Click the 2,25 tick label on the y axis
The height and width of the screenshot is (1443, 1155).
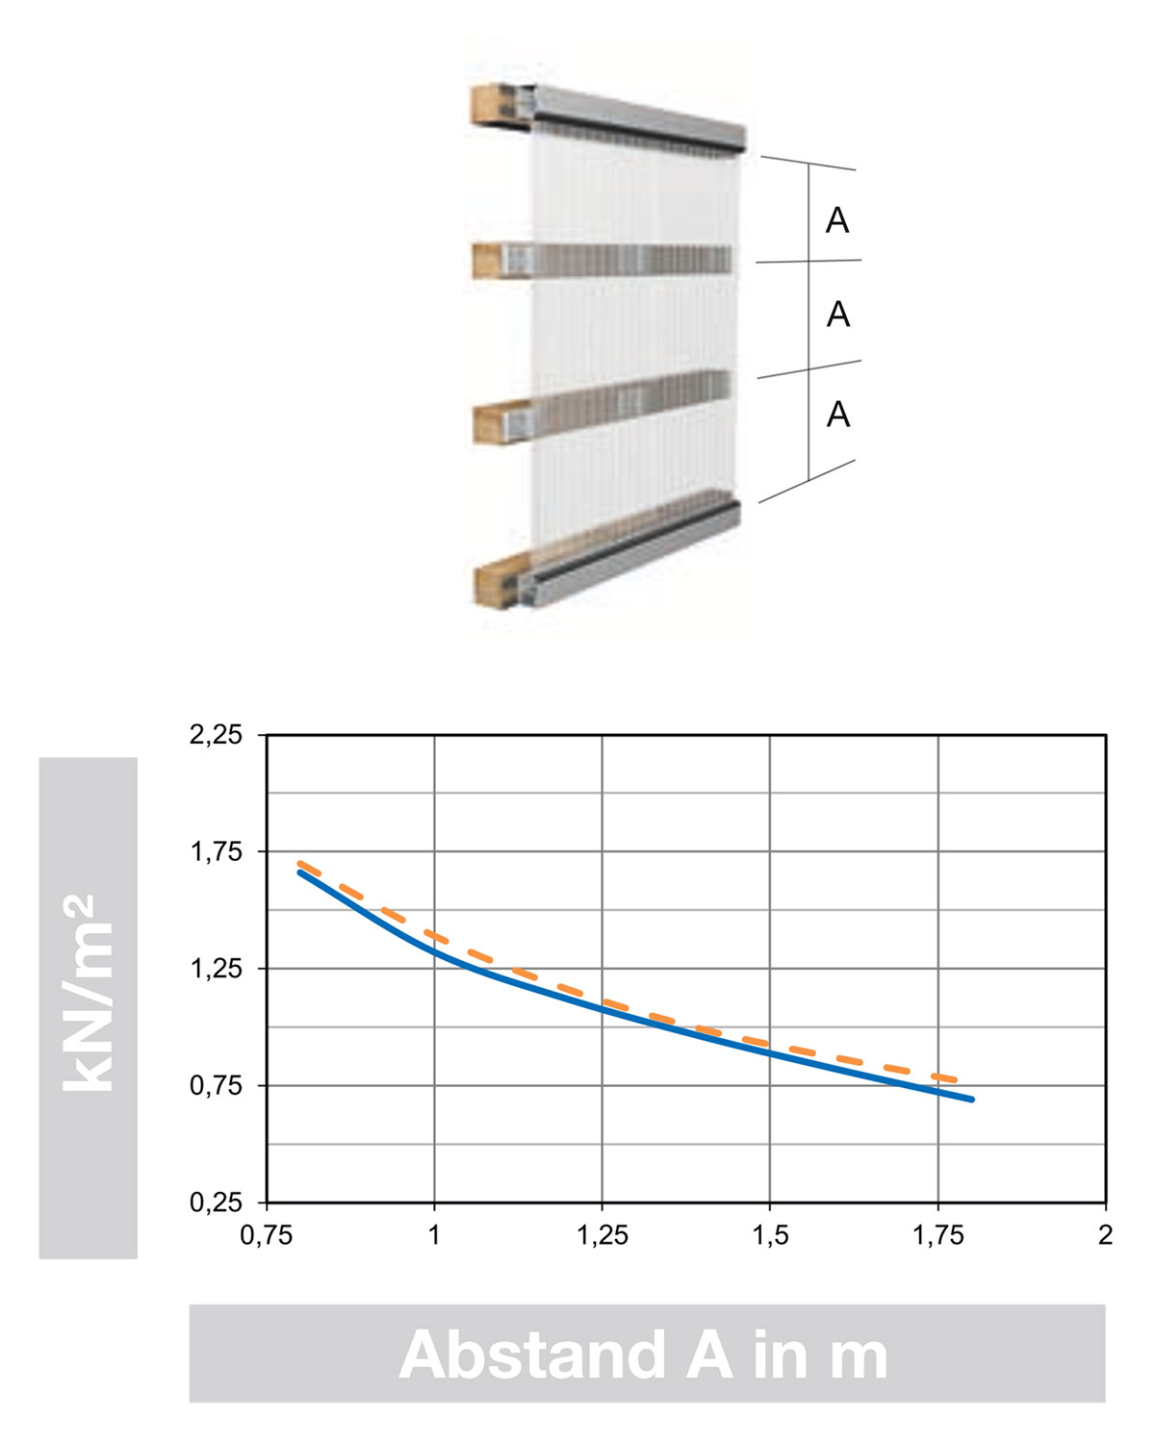pos(216,735)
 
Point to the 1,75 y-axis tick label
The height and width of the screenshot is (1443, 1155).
pos(216,851)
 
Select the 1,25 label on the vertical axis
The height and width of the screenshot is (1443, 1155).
pos(216,969)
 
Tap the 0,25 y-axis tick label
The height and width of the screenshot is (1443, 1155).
pos(216,1202)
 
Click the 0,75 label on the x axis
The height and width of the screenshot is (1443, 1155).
pos(267,1234)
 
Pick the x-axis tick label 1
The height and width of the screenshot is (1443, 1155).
pos(434,1234)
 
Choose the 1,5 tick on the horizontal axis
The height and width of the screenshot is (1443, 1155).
pos(770,1234)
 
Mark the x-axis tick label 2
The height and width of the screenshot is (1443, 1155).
pos(1105,1234)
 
